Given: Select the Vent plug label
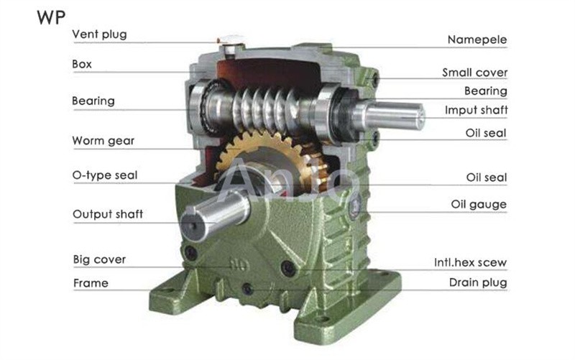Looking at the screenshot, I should pos(99,34).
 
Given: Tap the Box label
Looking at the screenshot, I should pos(82,64).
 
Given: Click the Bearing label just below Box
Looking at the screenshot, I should pos(93,101).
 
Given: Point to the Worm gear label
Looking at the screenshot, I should pos(103,140).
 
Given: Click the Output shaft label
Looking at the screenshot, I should pos(107,214).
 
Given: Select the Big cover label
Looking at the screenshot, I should pos(99,259).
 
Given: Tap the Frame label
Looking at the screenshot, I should pos(91,283).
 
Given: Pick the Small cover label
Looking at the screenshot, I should pos(474,73).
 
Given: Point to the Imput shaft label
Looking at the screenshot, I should pos(476,110).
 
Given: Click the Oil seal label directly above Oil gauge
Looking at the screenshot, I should pos(487,177).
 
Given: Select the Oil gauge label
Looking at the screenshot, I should pos(479,205).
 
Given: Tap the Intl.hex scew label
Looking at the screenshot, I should pos(470,262).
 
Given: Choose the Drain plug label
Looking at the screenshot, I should pos(478,282).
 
